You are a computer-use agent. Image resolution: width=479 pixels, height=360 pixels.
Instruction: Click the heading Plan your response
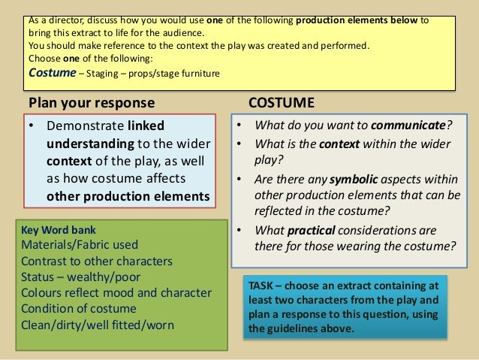click(x=91, y=102)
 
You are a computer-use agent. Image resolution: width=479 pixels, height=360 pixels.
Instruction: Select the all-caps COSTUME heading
click(x=281, y=101)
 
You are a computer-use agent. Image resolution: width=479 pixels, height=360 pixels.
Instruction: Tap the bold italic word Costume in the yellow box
click(x=52, y=73)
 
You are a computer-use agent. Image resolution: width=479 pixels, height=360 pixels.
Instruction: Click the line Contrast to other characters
click(x=96, y=262)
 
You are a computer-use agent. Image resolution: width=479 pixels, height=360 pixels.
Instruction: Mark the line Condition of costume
click(x=79, y=309)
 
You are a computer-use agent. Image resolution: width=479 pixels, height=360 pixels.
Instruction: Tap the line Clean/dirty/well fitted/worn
click(x=98, y=325)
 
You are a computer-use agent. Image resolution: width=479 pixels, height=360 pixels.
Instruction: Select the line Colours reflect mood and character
click(x=116, y=293)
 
